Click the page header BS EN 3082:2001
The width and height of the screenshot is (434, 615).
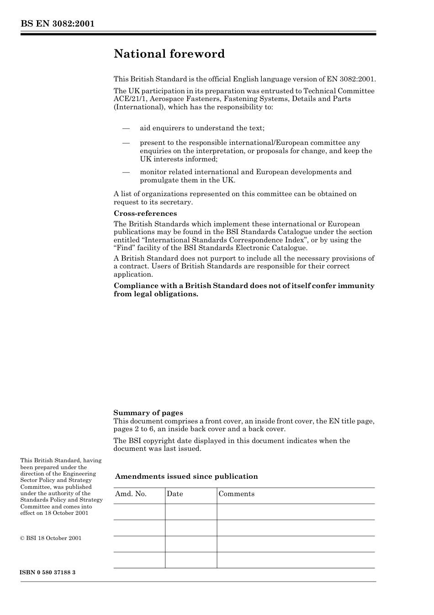pyautogui.click(x=57, y=24)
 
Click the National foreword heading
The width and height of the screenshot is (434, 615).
pyautogui.click(x=169, y=54)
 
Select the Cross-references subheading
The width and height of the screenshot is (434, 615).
pyautogui.click(x=145, y=214)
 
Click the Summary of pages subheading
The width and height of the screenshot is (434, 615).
pyautogui.click(x=148, y=413)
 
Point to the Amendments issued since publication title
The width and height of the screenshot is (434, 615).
pyautogui.click(x=186, y=476)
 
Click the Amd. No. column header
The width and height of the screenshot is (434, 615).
pyautogui.click(x=131, y=494)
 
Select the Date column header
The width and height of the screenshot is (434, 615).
pyautogui.click(x=175, y=494)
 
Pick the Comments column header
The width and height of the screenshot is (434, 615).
pyautogui.click(x=236, y=494)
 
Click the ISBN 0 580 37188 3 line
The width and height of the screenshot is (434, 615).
pyautogui.click(x=48, y=572)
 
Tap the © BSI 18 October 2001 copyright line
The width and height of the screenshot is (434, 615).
pyautogui.click(x=51, y=538)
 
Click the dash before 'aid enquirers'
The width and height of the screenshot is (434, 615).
pyautogui.click(x=126, y=128)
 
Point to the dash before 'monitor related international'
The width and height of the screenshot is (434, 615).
pyautogui.click(x=126, y=172)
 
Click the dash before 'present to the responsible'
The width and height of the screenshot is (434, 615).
pyautogui.click(x=126, y=143)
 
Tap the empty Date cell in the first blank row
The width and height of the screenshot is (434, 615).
pyautogui.click(x=191, y=512)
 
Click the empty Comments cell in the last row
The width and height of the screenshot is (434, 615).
pyautogui.click(x=296, y=560)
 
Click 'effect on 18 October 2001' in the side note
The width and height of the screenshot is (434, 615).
pyautogui.click(x=54, y=513)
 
